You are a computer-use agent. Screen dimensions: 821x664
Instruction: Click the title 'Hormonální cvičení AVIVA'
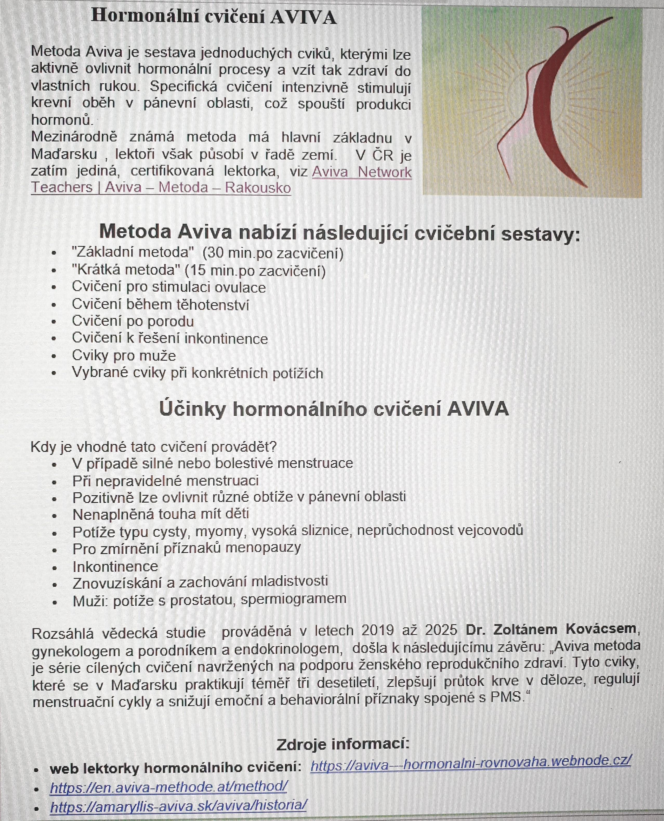214,17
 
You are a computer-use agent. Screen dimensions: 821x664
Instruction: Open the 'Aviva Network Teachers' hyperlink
361,172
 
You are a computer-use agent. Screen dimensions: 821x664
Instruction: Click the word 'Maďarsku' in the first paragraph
64,154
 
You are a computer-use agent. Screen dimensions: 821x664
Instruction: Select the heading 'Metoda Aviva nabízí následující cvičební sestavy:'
340,232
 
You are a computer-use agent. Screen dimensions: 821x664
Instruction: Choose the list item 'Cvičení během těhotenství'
160,305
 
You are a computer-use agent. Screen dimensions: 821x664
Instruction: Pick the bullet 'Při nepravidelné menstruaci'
166,480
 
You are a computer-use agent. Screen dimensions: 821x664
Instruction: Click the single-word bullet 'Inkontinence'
115,566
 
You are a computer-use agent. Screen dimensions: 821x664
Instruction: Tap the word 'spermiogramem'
293,599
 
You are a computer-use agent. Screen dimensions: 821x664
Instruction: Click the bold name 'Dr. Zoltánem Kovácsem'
551,629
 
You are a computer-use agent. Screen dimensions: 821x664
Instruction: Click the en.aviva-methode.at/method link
169,787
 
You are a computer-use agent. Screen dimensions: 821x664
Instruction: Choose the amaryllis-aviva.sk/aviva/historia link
178,805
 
